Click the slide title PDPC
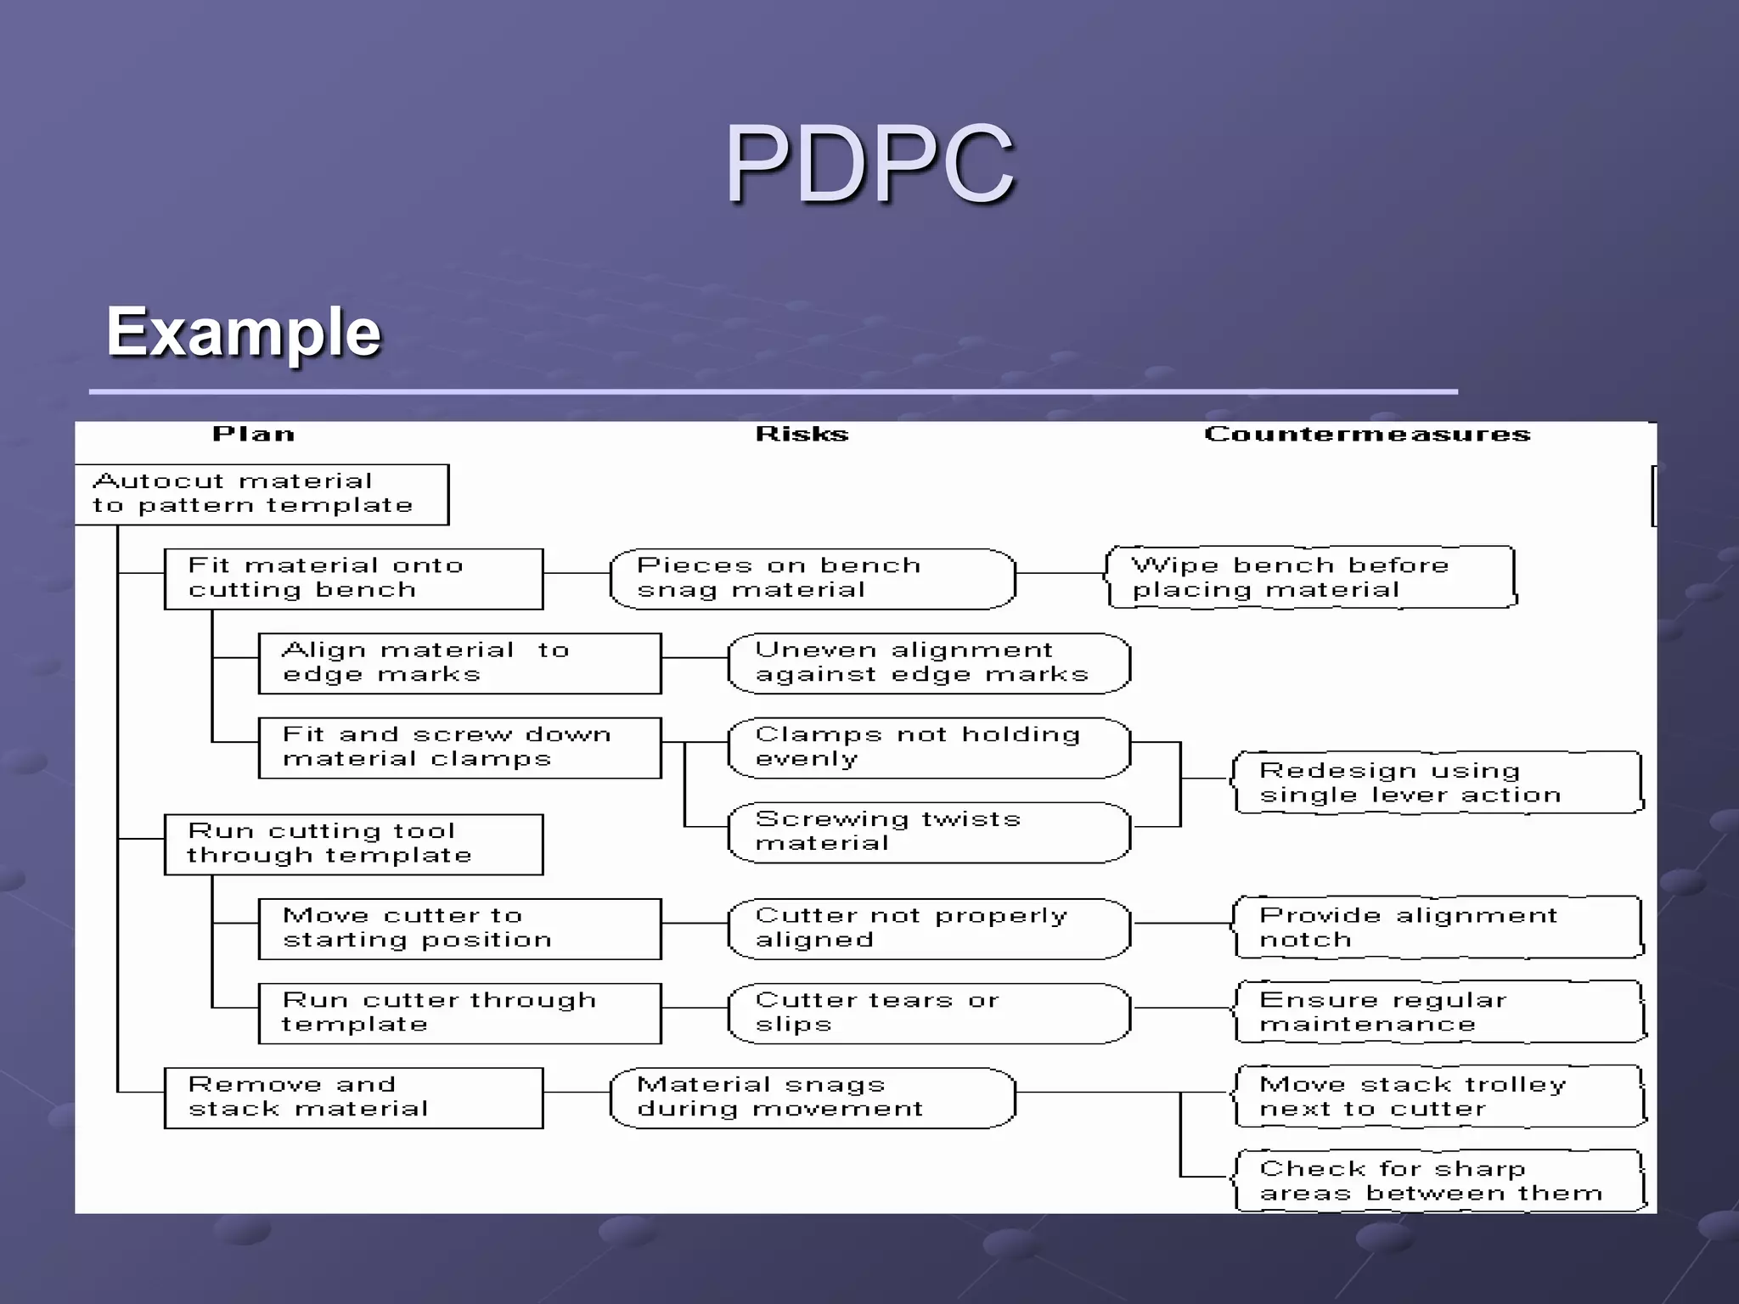coord(869,163)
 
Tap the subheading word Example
coord(244,332)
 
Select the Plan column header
coord(253,435)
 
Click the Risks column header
coord(802,435)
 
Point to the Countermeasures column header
coord(1367,435)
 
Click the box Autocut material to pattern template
coord(262,494)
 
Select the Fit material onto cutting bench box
coord(353,578)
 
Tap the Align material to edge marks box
coord(459,663)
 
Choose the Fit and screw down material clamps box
coord(459,747)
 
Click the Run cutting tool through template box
coord(353,844)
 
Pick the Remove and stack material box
coord(353,1097)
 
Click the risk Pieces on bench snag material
coord(813,578)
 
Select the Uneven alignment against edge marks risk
coord(929,663)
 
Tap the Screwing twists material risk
coord(929,832)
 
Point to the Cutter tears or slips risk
coord(929,1013)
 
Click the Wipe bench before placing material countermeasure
coord(1310,577)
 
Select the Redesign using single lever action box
coord(1438,783)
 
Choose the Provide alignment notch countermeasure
coord(1438,928)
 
